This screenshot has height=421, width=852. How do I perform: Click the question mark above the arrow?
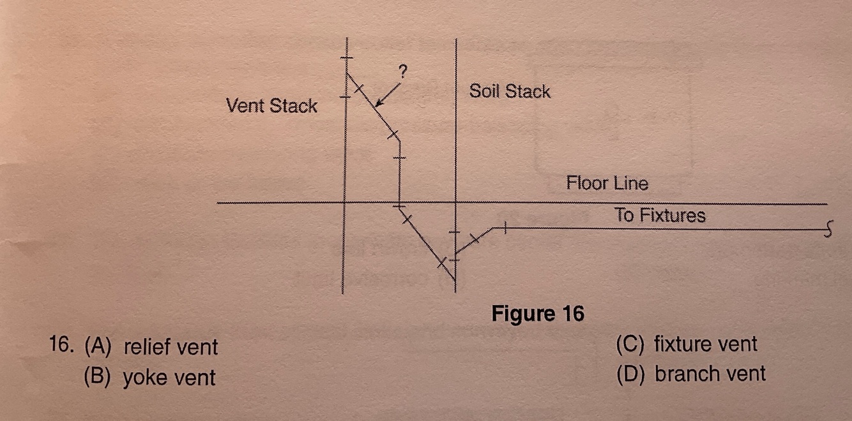pyautogui.click(x=402, y=71)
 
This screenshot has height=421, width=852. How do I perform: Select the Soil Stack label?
pyautogui.click(x=510, y=91)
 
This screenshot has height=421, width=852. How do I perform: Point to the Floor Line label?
pyautogui.click(x=607, y=184)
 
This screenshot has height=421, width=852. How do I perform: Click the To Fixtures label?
pyautogui.click(x=660, y=216)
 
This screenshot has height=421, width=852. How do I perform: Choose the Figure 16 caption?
pyautogui.click(x=537, y=314)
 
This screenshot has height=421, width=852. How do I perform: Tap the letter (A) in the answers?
pyautogui.click(x=98, y=347)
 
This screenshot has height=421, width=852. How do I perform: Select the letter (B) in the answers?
pyautogui.click(x=98, y=377)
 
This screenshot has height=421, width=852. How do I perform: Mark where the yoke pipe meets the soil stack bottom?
pyautogui.click(x=455, y=279)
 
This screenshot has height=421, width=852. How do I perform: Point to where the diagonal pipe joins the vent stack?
pyautogui.click(x=345, y=73)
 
